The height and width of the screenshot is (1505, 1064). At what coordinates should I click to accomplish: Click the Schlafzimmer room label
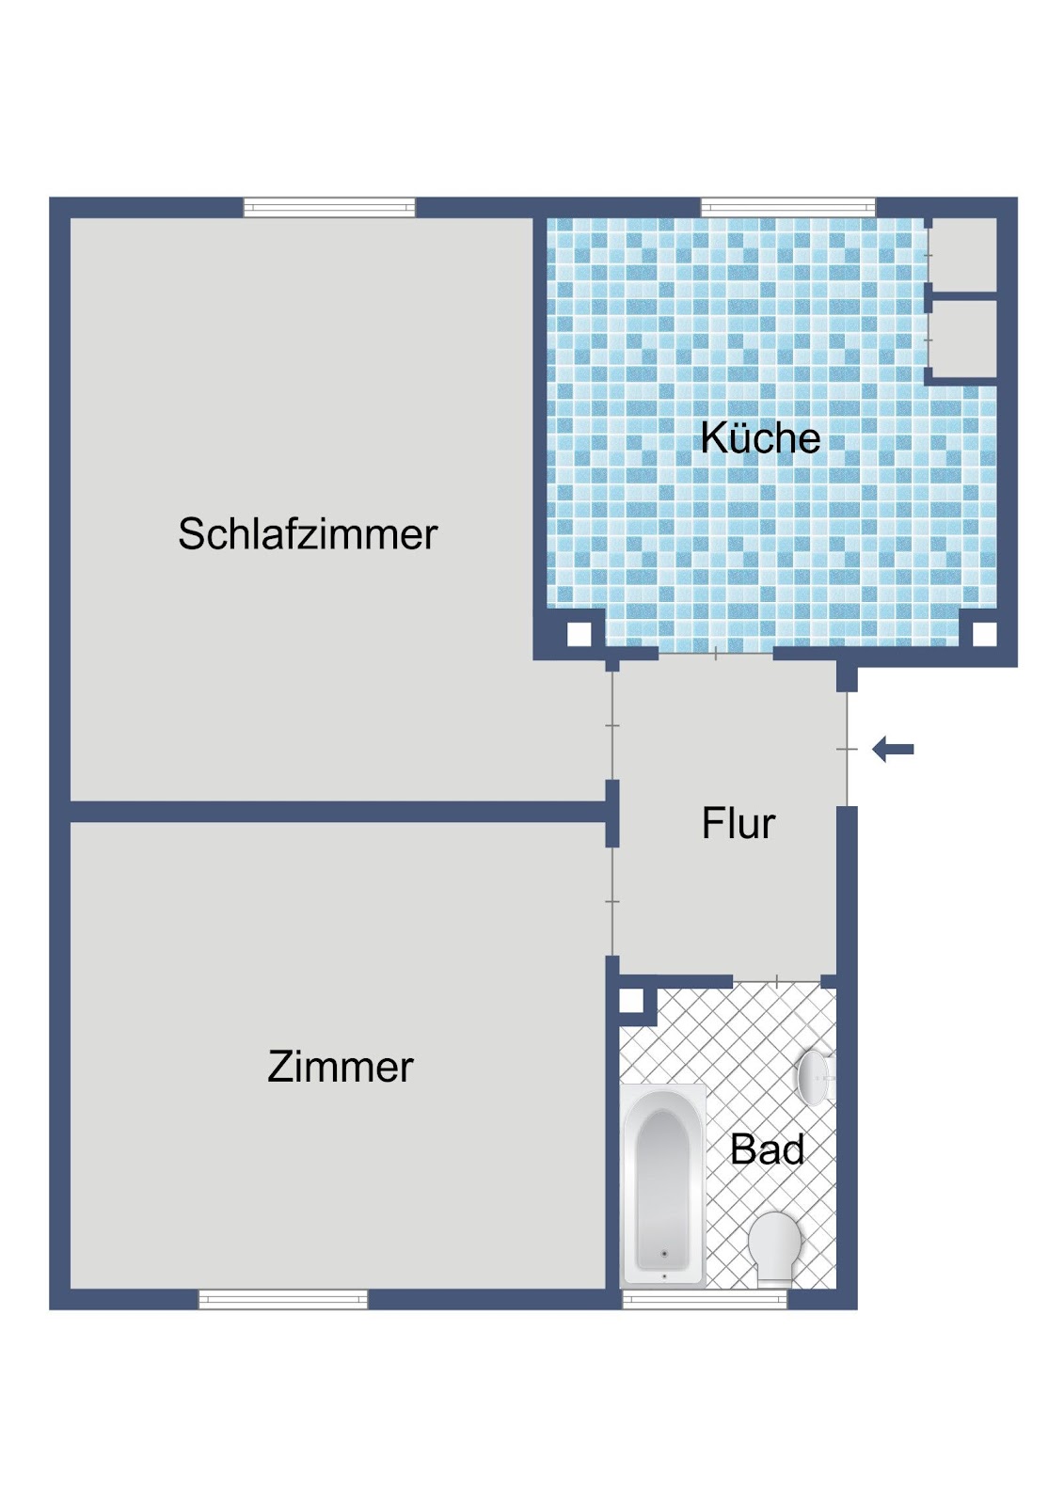308,534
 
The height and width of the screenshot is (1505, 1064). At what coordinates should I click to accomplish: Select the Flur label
738,823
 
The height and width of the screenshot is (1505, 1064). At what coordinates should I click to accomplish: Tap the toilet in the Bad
775,1247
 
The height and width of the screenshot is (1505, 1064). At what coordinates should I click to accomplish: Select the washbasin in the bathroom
816,1077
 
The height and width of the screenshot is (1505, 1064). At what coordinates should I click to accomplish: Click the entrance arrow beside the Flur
893,749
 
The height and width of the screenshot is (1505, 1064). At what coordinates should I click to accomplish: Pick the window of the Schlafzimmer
329,207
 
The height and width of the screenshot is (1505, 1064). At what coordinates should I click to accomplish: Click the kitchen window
787,207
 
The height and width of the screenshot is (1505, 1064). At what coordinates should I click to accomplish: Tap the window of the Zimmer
283,1299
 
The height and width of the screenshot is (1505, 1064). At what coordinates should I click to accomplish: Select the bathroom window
705,1299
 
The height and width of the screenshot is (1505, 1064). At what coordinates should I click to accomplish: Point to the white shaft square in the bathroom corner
630,1002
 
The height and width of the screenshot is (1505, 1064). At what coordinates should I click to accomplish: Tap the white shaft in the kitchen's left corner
579,634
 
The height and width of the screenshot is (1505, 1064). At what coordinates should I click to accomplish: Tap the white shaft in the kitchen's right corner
985,634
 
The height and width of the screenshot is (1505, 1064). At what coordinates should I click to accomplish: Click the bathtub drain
664,1253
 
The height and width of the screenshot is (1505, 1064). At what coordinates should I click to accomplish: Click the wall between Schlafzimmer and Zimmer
338,811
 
